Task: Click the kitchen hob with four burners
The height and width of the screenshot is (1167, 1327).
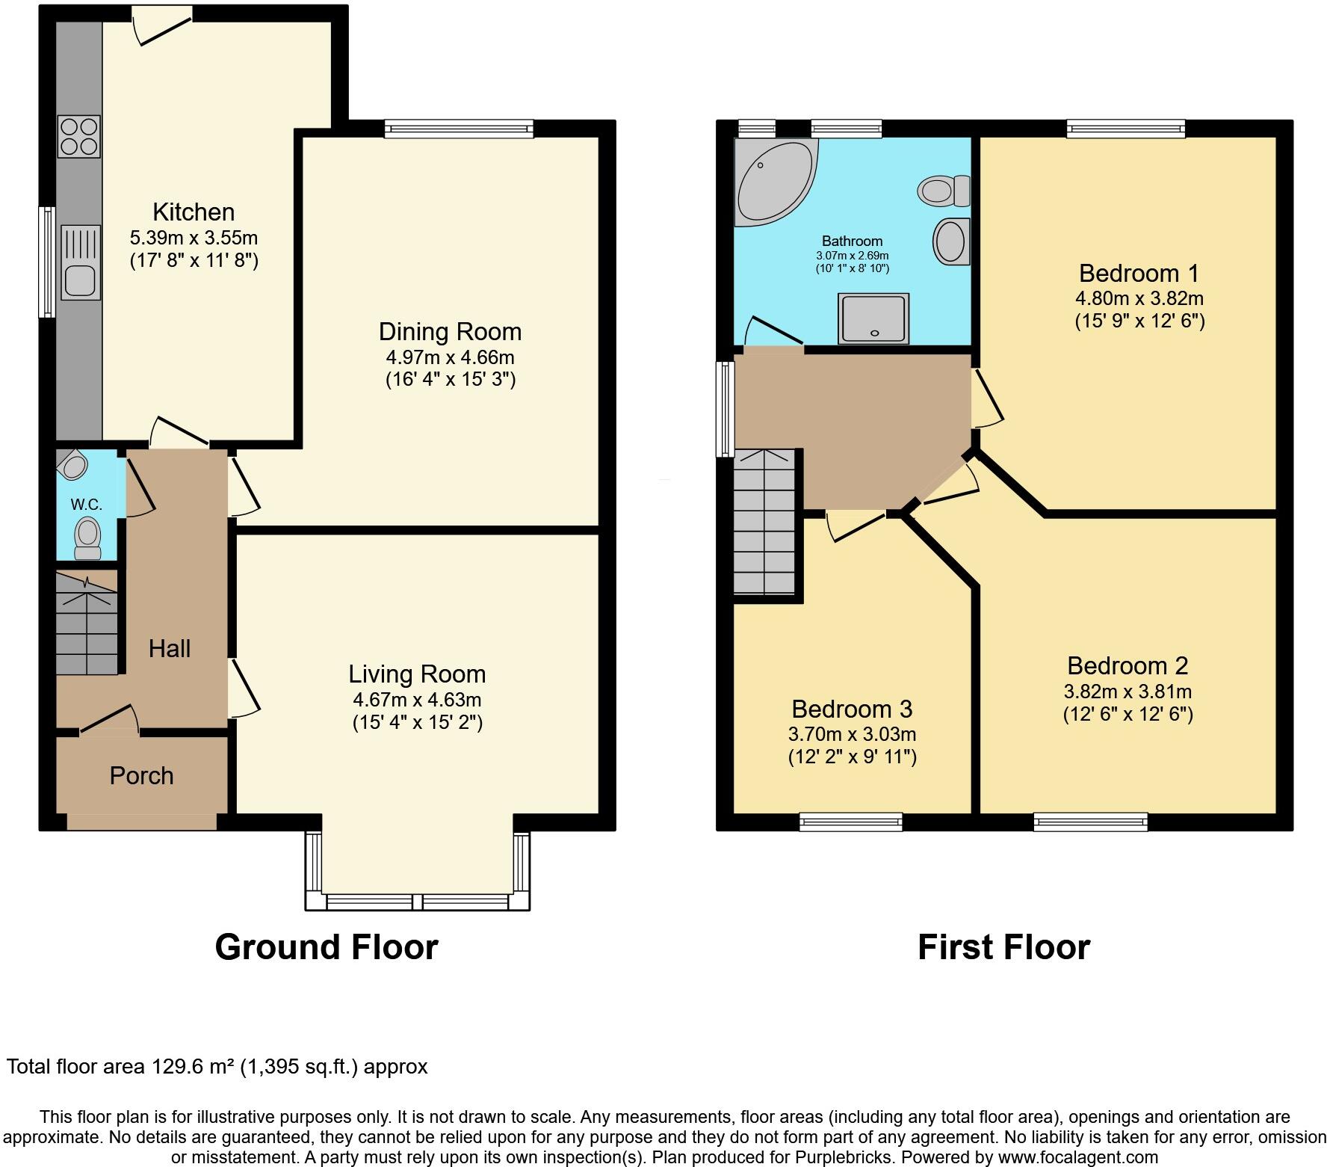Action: point(79,136)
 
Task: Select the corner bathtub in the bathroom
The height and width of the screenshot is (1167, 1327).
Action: point(773,181)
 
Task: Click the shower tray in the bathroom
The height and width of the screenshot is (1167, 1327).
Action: point(873,318)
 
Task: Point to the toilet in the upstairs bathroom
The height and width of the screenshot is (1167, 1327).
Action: point(944,190)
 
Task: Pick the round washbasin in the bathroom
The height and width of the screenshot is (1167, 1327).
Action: point(950,241)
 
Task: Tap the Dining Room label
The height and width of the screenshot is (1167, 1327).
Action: point(450,332)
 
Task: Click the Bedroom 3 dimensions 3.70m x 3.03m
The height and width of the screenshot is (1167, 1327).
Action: point(852,734)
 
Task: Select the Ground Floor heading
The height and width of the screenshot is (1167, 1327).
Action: point(327,947)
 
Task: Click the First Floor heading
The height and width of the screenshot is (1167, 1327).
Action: point(1003,947)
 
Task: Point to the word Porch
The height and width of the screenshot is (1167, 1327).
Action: point(141,776)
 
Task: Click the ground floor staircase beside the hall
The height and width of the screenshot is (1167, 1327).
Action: point(87,624)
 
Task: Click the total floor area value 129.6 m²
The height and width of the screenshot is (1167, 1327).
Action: point(194,1066)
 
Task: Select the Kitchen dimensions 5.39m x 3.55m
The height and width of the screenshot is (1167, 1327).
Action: point(194,238)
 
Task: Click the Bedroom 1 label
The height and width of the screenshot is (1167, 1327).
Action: point(1139,272)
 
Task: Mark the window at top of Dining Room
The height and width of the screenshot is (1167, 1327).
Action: point(460,129)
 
